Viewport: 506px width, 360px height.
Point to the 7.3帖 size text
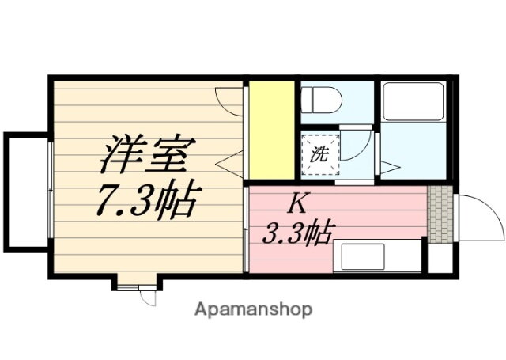click(x=146, y=202)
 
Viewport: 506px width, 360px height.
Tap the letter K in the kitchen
click(x=296, y=203)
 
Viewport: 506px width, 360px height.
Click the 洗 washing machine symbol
click(x=320, y=153)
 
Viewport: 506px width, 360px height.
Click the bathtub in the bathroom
click(x=413, y=100)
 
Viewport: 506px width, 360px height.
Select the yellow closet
click(x=272, y=130)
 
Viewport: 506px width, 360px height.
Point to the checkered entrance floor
click(x=441, y=212)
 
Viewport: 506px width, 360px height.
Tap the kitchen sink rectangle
click(x=362, y=256)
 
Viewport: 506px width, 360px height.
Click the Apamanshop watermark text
click(x=253, y=309)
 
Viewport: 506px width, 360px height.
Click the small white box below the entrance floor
click(x=440, y=259)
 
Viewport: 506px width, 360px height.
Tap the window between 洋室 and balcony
click(x=50, y=190)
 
